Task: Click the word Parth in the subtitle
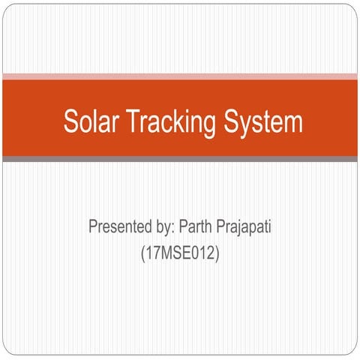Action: [x=198, y=226]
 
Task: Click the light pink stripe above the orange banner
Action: [x=180, y=76]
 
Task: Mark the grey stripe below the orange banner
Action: [x=180, y=159]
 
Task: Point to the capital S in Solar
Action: [x=70, y=121]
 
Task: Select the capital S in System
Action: [x=229, y=121]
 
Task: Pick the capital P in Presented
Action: [x=93, y=226]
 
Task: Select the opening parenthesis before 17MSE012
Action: [x=142, y=254]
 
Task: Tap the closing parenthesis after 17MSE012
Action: [x=217, y=254]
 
